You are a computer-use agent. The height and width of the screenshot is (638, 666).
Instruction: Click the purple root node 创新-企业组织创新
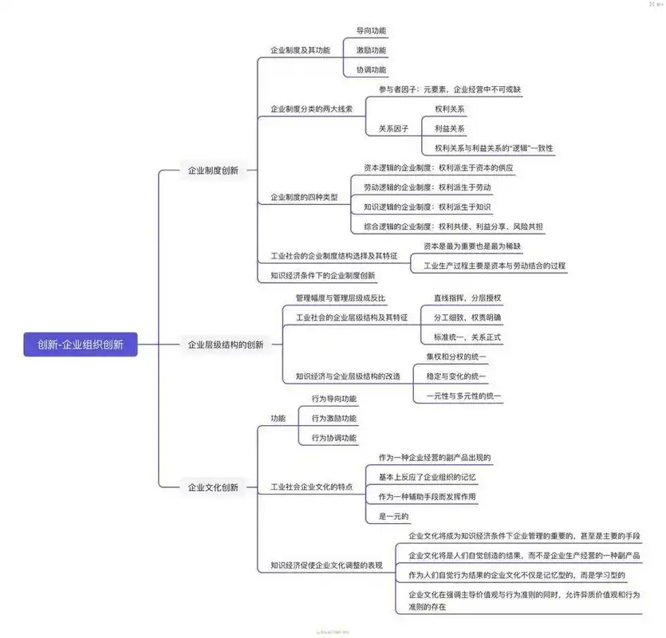(81, 345)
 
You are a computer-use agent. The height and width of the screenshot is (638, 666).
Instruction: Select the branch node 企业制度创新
(212, 170)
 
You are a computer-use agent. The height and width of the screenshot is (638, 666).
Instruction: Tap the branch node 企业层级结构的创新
(226, 345)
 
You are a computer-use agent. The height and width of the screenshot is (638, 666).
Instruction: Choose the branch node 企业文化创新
(212, 486)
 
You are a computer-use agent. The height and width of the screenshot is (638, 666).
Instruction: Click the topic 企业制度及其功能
(300, 49)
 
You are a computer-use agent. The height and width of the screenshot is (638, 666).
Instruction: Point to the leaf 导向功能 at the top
(371, 30)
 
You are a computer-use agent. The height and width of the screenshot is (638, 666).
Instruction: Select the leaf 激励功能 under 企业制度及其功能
(371, 49)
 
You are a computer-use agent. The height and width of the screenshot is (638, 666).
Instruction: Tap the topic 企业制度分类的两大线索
(311, 108)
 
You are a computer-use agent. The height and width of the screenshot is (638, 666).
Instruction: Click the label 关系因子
(393, 128)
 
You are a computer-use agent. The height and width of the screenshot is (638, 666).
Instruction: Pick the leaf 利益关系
(450, 128)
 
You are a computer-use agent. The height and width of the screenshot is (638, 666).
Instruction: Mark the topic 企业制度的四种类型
(304, 197)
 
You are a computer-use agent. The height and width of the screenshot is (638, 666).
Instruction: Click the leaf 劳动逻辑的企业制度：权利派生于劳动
(432, 187)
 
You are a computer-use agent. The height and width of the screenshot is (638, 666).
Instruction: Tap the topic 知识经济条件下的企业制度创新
(322, 276)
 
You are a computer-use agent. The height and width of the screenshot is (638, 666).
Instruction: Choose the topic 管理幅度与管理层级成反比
(341, 298)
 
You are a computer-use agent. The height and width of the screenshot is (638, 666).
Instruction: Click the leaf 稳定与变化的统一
(455, 376)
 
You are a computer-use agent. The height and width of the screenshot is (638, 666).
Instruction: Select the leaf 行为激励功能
(334, 418)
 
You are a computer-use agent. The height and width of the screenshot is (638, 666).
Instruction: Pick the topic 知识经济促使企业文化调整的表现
(326, 565)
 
